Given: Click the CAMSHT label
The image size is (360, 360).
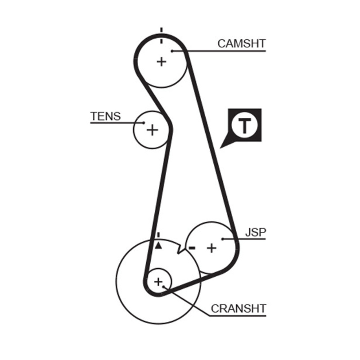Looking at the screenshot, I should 241,44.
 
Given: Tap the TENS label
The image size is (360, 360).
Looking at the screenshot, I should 105,116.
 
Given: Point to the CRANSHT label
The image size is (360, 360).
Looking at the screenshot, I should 238,308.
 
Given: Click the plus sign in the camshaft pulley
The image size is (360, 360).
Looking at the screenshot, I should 161,61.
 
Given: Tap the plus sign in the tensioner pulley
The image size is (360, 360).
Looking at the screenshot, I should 153,130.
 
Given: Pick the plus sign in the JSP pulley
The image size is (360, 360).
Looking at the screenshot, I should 211,247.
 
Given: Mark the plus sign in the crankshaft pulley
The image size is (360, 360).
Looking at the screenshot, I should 158,282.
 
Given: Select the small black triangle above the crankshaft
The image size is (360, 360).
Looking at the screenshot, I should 158,246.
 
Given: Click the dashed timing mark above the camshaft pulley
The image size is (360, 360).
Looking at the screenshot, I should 161,36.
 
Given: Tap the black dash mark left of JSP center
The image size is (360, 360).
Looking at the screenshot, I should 192,247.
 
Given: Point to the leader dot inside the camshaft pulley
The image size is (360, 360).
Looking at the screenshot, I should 172,51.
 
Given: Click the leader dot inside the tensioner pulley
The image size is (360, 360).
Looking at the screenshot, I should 143,122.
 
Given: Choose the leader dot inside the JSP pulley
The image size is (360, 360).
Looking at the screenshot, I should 223,239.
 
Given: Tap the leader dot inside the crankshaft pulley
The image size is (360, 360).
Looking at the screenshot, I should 165,286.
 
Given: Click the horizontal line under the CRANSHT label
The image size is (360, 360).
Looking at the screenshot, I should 238,315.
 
